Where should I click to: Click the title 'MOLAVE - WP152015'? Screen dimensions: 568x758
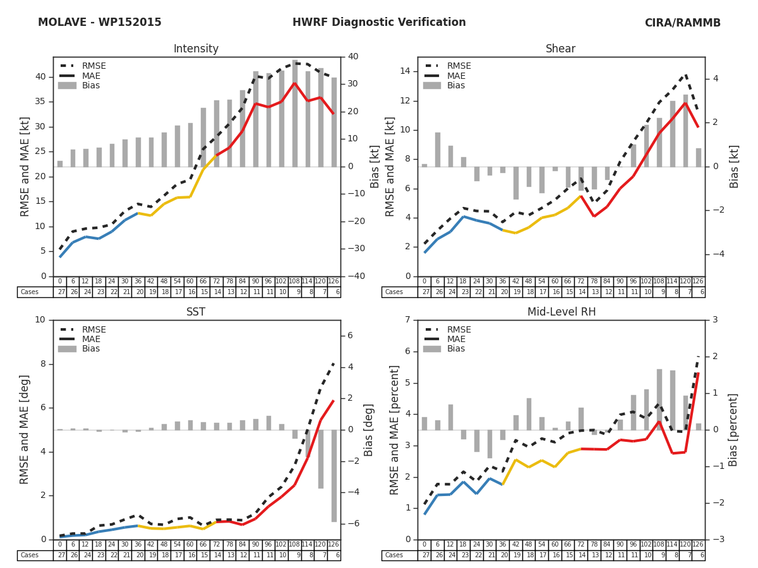coord(99,23)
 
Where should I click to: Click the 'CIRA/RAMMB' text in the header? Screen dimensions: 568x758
coord(682,23)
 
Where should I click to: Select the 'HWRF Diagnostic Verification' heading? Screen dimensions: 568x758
coord(379,23)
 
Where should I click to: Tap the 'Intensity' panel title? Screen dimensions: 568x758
coord(196,49)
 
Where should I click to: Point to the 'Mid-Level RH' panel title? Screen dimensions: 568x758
coord(561,312)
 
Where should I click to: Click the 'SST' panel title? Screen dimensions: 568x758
coord(196,312)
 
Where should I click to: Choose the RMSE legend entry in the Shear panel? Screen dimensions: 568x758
coord(459,66)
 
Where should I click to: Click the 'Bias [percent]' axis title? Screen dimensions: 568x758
coord(733,430)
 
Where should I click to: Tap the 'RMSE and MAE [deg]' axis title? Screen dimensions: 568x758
coord(25,430)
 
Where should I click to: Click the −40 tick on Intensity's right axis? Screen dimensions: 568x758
coord(356,276)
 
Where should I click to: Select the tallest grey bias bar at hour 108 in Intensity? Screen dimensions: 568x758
coord(295,114)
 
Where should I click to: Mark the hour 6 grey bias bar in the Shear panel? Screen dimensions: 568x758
coord(437,150)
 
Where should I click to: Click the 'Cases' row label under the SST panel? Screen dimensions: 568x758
coord(29,555)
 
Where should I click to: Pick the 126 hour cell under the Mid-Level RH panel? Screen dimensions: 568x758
coord(698,545)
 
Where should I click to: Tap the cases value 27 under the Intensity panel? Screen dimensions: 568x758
coord(60,292)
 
